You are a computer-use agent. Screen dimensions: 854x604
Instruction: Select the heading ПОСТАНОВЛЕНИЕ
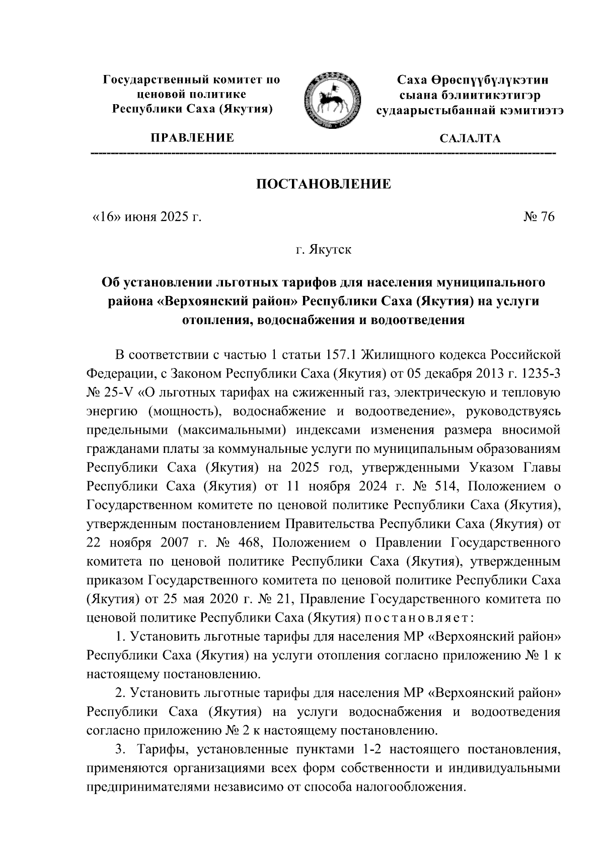click(x=324, y=184)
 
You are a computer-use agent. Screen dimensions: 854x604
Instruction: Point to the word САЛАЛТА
click(x=470, y=138)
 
